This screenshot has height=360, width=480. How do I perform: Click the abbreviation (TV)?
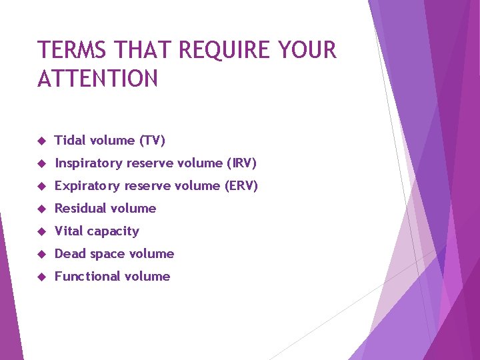pos(152,141)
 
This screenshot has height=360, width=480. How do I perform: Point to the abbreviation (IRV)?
pos(241,163)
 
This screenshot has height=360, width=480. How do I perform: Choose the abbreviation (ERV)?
pos(241,186)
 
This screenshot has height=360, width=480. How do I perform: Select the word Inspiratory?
pos(90,163)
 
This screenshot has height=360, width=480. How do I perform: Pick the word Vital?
pos(69,231)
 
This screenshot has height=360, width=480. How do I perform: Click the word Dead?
pos(69,254)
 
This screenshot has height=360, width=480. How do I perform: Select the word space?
pos(106,255)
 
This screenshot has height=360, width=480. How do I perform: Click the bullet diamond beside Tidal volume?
pos(41,141)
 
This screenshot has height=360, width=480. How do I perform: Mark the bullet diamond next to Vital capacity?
pos(41,232)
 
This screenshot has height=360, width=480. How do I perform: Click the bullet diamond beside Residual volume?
pos(41,209)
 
